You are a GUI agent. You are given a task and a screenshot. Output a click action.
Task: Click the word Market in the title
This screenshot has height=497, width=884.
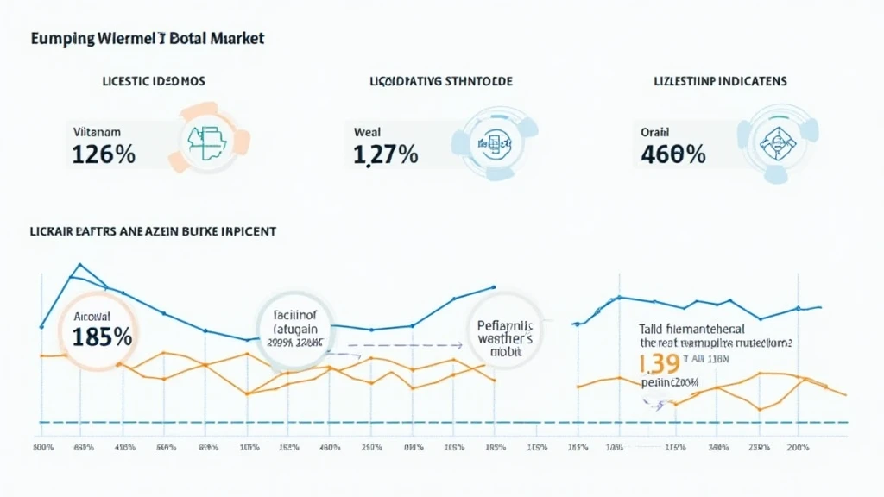coord(235,39)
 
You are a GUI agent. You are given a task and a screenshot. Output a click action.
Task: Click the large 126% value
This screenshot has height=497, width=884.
coord(100,155)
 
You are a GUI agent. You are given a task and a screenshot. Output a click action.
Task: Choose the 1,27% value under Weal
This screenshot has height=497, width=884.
coord(386,155)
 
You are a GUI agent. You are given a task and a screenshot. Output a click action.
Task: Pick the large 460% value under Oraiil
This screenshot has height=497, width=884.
coord(673,155)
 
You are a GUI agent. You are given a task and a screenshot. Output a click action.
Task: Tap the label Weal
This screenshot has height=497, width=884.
coord(367,133)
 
